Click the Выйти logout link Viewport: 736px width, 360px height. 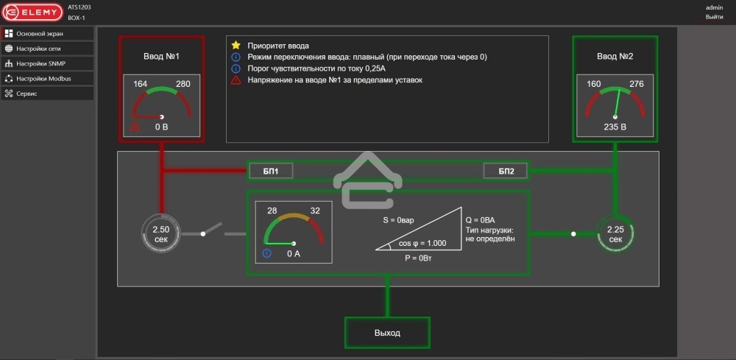(714, 16)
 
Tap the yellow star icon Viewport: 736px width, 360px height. (236, 46)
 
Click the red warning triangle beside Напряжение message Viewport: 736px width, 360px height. (236, 80)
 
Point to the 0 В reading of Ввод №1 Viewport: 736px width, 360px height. (162, 127)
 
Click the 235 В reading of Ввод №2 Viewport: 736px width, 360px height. (615, 127)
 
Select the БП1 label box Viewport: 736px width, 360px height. (271, 172)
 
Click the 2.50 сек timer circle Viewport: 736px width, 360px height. (160, 234)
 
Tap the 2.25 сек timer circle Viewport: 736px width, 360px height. (615, 234)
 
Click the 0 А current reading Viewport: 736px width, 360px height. (294, 253)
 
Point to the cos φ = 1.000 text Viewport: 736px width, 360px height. (422, 243)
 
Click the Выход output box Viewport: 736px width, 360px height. (387, 333)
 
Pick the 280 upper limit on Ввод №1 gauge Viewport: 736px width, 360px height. (183, 84)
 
